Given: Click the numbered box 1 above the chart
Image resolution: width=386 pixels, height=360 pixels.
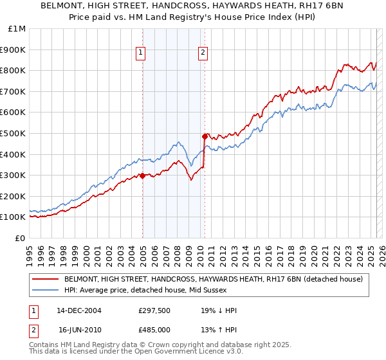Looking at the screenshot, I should pyautogui.click(x=140, y=53).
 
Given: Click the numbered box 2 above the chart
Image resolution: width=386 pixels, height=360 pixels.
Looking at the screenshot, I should pyautogui.click(x=203, y=53).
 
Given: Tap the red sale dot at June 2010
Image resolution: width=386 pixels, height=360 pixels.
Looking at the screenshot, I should pyautogui.click(x=205, y=136).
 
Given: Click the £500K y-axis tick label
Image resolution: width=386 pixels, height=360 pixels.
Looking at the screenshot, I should pyautogui.click(x=14, y=134).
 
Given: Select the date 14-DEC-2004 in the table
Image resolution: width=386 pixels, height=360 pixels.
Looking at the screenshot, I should pyautogui.click(x=79, y=310).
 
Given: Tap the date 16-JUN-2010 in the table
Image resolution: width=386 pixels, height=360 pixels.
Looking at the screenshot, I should pyautogui.click(x=79, y=329).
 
